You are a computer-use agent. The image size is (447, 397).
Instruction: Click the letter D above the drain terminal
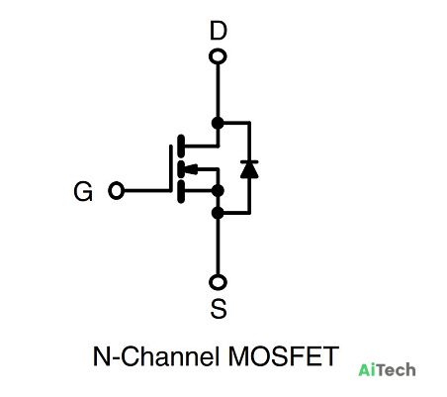point(219,31)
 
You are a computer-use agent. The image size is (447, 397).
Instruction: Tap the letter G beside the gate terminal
point(83,191)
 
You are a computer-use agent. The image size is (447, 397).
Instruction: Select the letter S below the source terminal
point(219,308)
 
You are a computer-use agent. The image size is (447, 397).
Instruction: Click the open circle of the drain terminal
point(218,56)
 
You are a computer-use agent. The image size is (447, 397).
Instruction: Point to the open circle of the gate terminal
point(116,191)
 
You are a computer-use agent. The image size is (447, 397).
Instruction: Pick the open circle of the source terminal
point(218,282)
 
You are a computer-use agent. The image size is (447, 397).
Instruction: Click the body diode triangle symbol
point(249,169)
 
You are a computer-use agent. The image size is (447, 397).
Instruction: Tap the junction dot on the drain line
point(218,123)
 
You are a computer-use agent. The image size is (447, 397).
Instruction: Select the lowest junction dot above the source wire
point(218,213)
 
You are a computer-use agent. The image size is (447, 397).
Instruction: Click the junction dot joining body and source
point(218,191)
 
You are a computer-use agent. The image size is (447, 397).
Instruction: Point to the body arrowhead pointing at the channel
point(191,169)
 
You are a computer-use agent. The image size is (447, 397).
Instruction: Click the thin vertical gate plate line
point(171,168)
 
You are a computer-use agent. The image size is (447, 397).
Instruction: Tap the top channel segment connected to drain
point(181,146)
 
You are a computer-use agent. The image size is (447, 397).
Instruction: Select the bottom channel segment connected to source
point(181,191)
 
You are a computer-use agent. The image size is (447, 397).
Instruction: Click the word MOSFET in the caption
point(284,356)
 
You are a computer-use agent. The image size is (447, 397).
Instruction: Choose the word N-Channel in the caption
point(156,356)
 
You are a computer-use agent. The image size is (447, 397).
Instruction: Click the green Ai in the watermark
point(367,369)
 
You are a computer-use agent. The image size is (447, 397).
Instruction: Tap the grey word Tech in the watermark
point(396,369)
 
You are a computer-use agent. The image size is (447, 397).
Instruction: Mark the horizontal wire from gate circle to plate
point(147,191)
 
